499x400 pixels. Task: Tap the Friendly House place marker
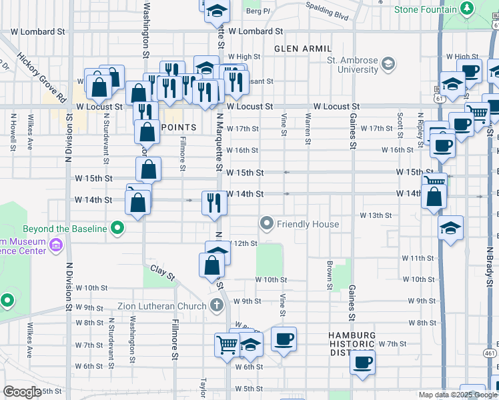pyautogui.click(x=268, y=223)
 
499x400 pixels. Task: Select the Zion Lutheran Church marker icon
pyautogui.click(x=215, y=306)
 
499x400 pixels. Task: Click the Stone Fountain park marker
pyautogui.click(x=468, y=9)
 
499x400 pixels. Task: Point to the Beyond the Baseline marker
pyautogui.click(x=117, y=229)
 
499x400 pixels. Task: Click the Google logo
pyautogui.click(x=22, y=392)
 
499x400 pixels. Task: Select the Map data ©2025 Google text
pyautogui.click(x=457, y=395)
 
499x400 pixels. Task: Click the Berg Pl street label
pyautogui.click(x=258, y=11)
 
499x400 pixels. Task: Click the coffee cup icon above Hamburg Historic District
pyautogui.click(x=284, y=339)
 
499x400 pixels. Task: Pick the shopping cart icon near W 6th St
pyautogui.click(x=227, y=345)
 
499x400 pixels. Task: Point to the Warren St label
pyautogui.click(x=308, y=129)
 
